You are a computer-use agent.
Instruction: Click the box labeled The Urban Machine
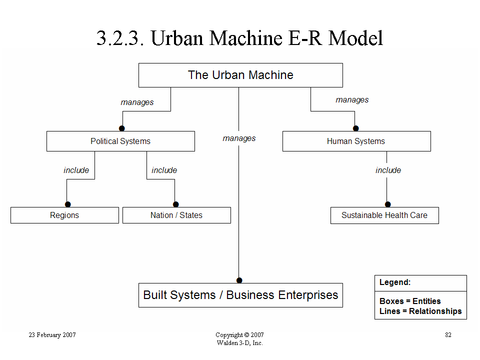coord(240,75)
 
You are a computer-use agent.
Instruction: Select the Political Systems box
coord(120,141)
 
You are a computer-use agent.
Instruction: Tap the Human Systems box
coord(356,141)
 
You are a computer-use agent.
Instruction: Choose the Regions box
coord(64,215)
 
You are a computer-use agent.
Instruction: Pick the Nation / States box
coord(176,215)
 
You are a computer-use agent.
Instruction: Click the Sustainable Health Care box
coord(384,215)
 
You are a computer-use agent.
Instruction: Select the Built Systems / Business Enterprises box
coord(240,295)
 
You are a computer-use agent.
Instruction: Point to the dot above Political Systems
coord(122,128)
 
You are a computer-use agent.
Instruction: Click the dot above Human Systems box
coord(355,128)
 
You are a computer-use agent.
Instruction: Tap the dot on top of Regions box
coord(68,204)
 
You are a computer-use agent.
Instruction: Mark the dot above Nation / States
coord(175,204)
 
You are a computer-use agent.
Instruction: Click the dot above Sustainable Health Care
coord(388,204)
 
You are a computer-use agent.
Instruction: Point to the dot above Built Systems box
coord(239,280)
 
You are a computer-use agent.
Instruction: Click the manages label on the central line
coord(239,138)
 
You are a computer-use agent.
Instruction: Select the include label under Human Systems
coord(388,170)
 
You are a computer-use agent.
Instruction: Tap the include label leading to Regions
coord(76,170)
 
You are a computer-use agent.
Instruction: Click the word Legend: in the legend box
coord(395,282)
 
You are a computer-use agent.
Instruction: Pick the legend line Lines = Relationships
coord(420,311)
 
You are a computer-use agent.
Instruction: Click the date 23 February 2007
coord(52,335)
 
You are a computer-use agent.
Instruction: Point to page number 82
coord(448,335)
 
